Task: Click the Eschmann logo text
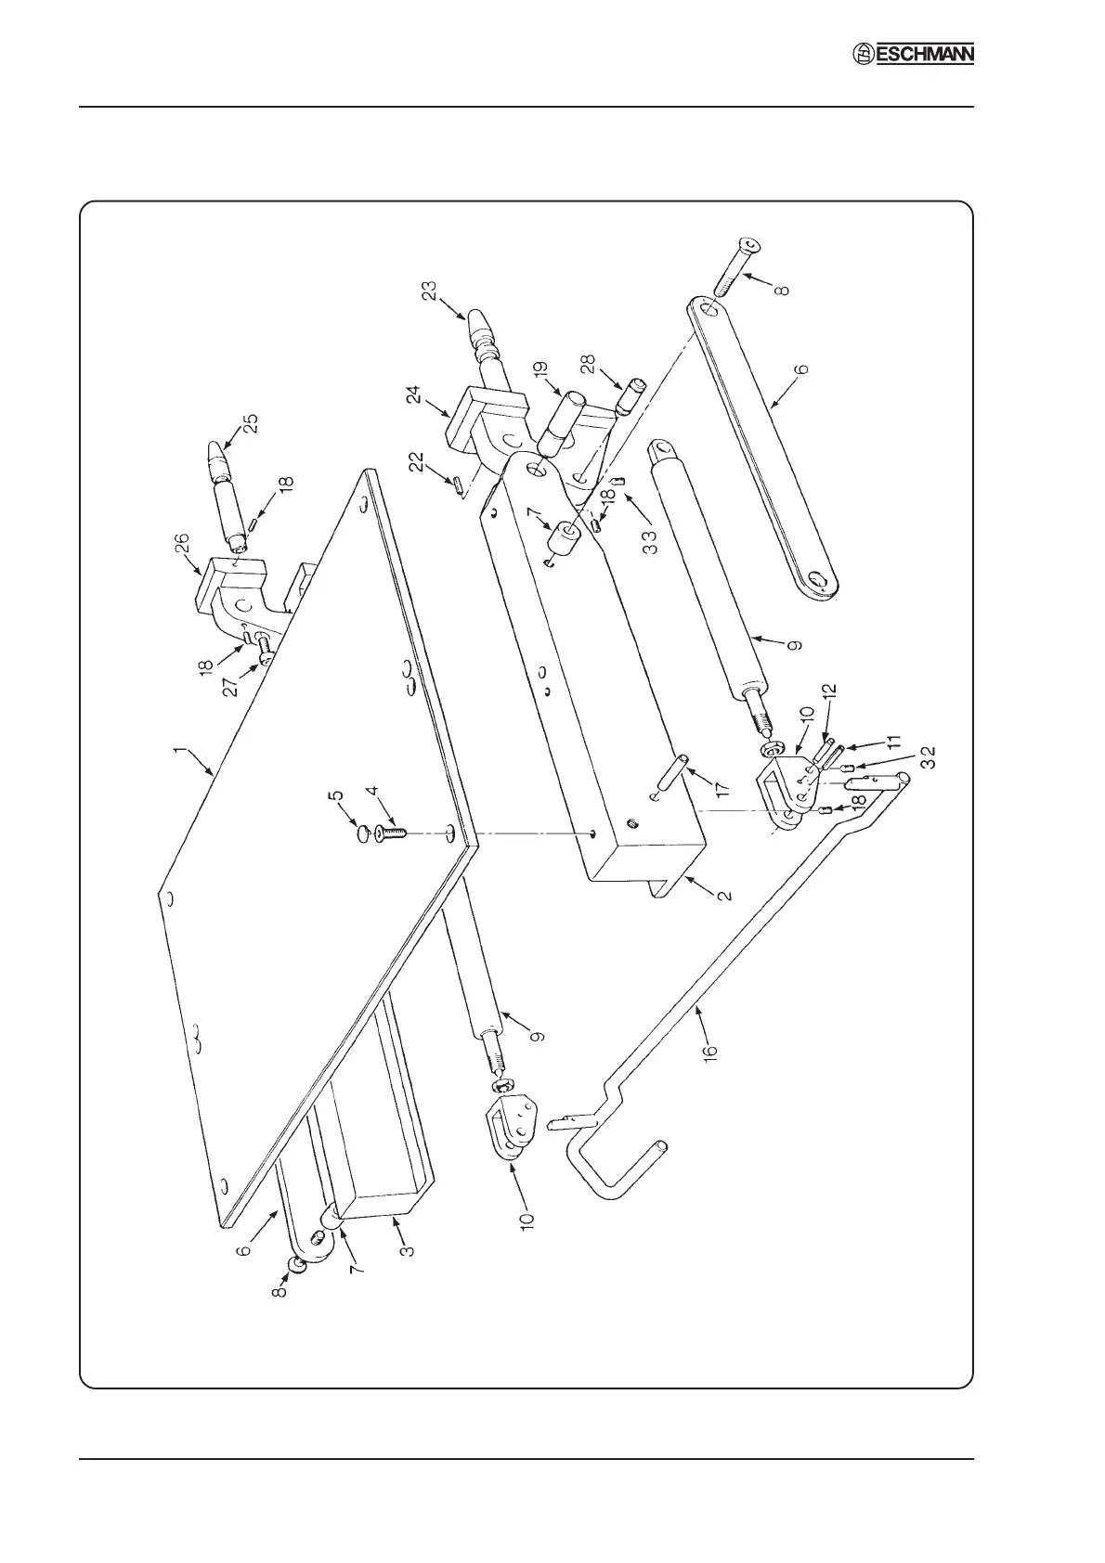tap(914, 57)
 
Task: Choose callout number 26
tap(183, 544)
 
